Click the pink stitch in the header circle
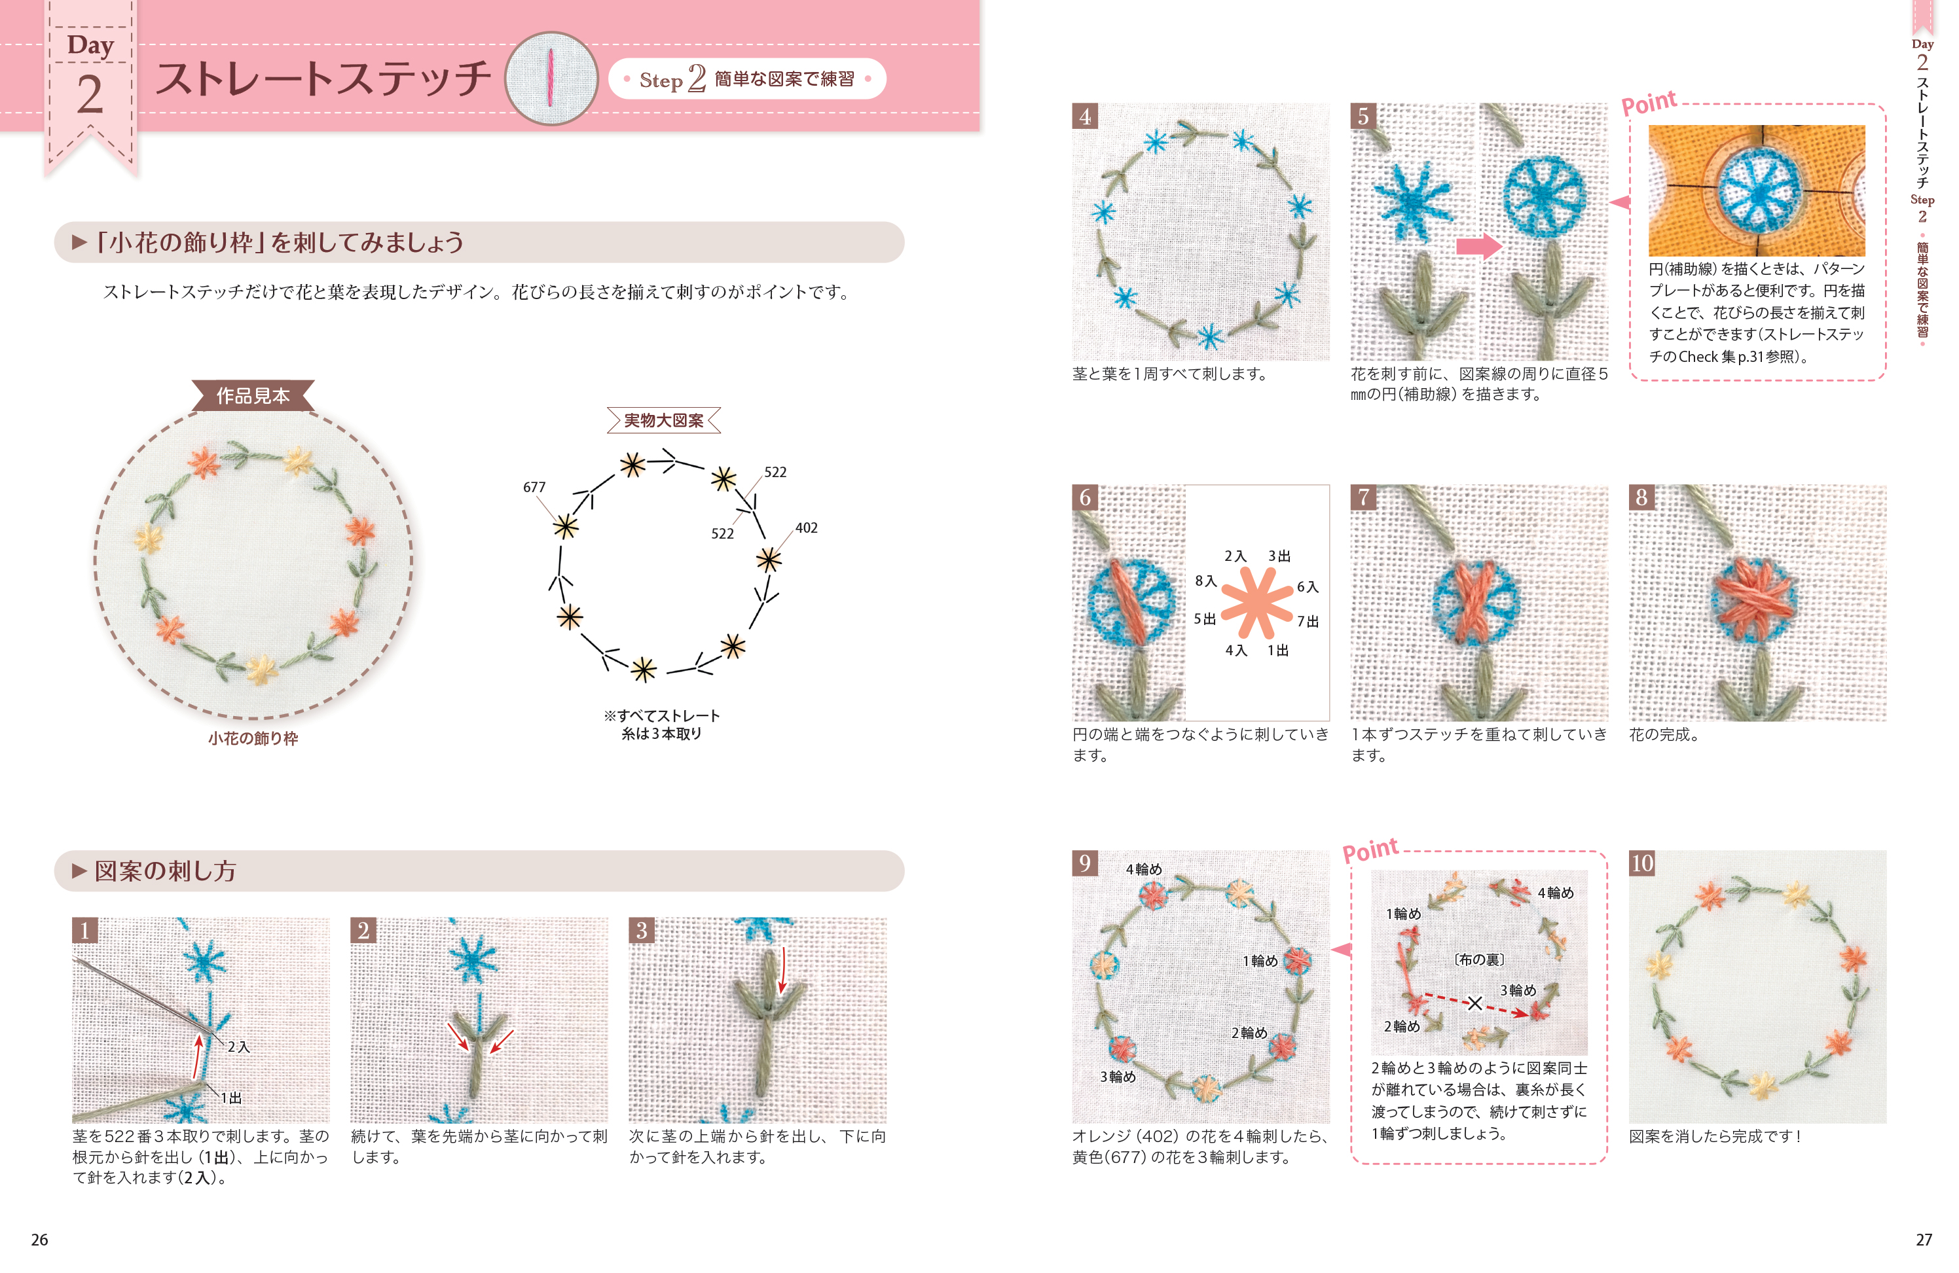551,78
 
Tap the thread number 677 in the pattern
534,487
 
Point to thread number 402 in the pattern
807,528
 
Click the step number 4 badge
1085,116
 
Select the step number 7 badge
1363,497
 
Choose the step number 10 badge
1642,863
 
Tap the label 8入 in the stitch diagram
1206,581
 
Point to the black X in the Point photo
1475,1003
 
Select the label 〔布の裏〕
1478,959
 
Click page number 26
39,1239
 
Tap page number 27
1924,1239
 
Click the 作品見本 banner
253,396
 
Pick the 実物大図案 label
663,420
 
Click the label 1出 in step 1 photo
231,1098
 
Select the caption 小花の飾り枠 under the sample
253,738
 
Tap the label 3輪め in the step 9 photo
1118,1077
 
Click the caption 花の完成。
1664,734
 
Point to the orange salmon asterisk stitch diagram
1256,603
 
